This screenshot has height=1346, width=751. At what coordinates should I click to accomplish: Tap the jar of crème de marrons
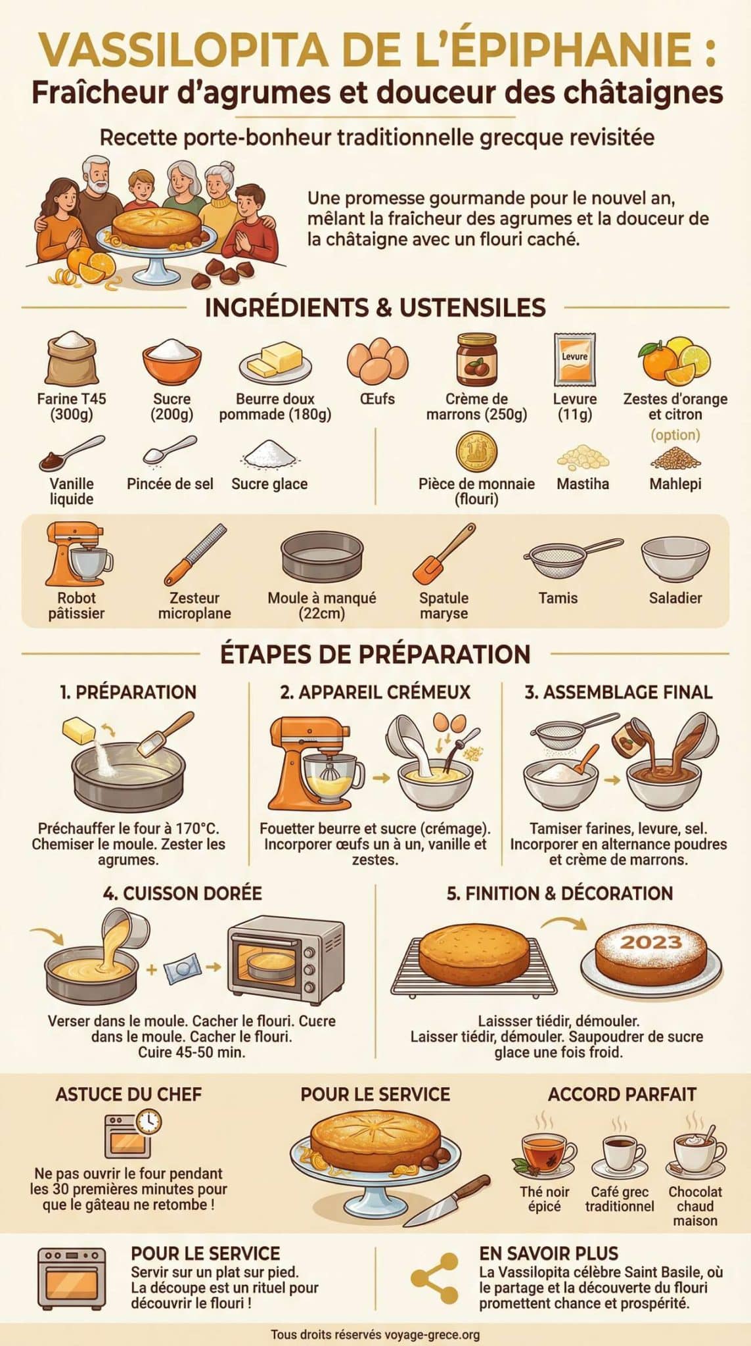pos(476,360)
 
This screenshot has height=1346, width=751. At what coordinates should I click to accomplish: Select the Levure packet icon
pos(574,360)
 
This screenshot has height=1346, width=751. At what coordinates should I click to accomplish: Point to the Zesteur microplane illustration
pos(194,554)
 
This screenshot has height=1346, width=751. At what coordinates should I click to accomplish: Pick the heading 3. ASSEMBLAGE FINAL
pos(618,692)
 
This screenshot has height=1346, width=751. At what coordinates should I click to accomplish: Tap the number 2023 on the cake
pos(651,942)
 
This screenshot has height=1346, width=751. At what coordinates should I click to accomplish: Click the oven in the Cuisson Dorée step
pos(286,960)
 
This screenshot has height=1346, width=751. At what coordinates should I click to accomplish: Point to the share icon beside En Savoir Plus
pos(434,1278)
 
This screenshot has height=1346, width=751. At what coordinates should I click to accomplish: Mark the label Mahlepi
pos(675,484)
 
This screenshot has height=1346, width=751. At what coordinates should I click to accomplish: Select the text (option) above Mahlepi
pos(675,435)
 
